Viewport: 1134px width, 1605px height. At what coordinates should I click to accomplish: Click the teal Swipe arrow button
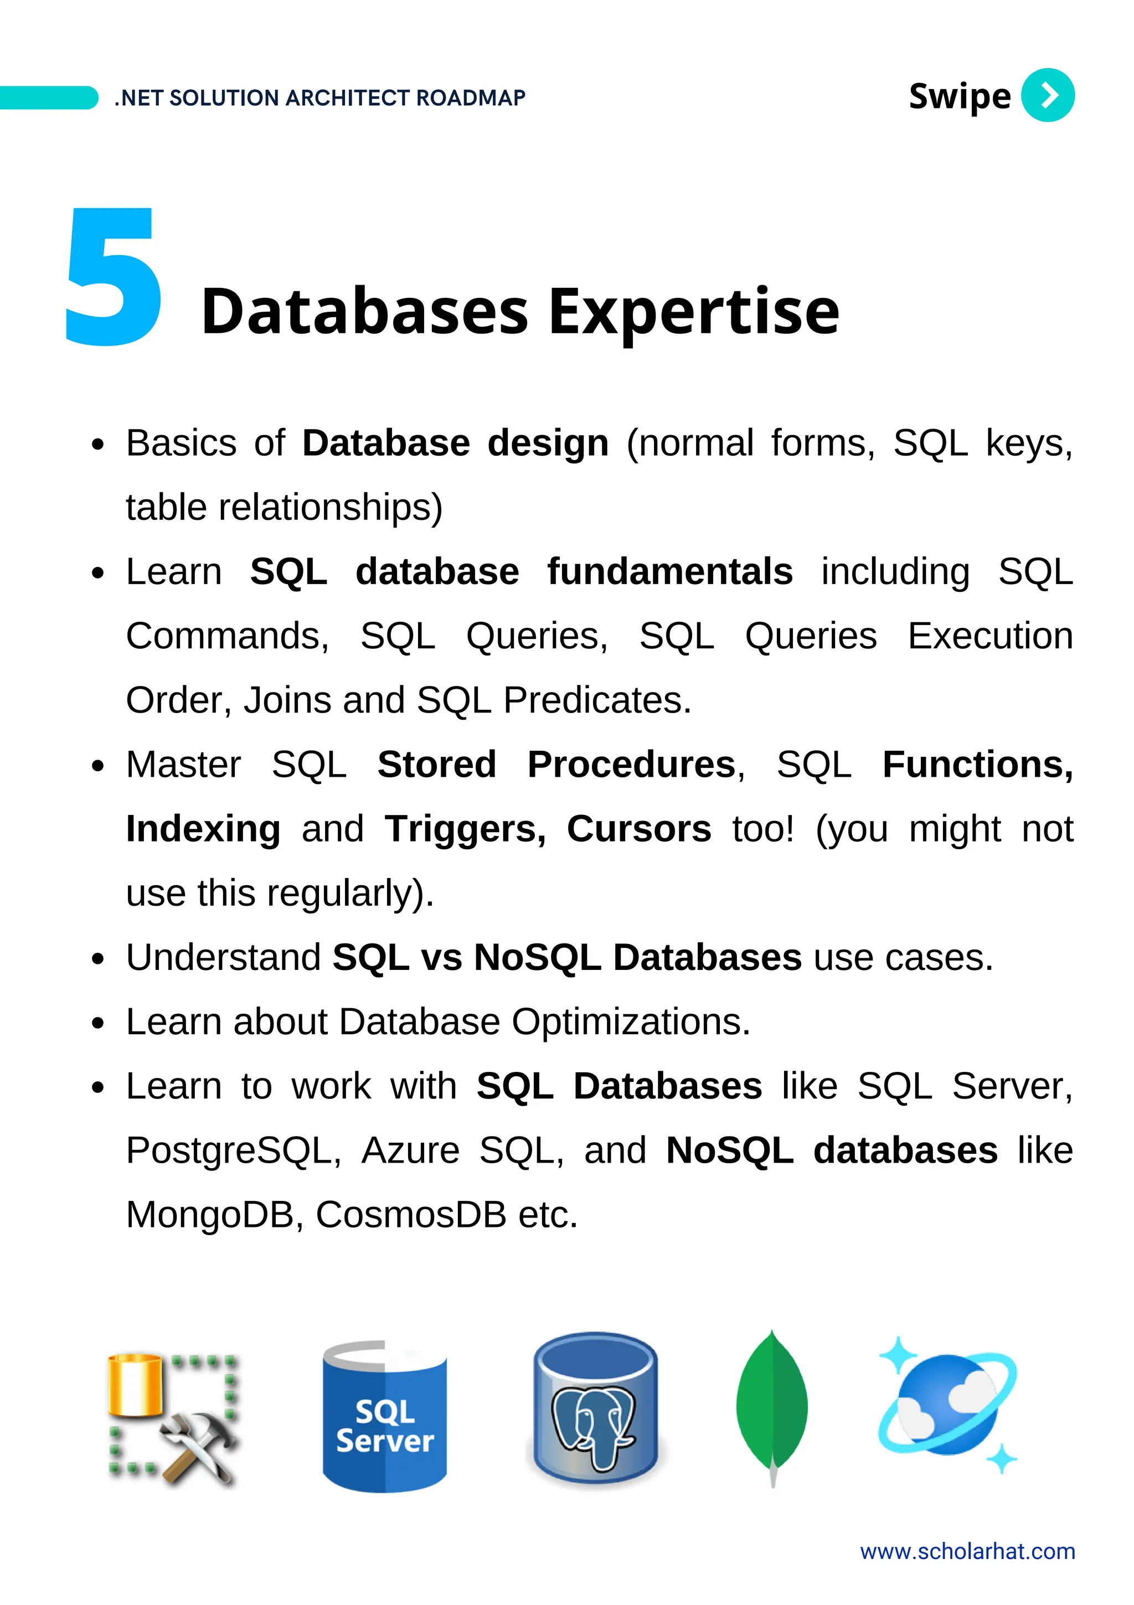[1047, 95]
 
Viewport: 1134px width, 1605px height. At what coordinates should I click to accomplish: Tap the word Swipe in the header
[958, 96]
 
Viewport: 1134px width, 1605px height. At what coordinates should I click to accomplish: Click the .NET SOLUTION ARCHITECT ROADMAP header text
[319, 98]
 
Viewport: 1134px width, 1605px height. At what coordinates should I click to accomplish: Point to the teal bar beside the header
[48, 98]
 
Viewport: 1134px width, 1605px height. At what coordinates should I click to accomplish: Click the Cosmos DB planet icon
[947, 1405]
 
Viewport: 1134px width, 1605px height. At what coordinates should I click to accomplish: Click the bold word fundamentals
[669, 572]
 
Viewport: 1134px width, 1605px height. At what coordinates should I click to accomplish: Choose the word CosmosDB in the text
[410, 1215]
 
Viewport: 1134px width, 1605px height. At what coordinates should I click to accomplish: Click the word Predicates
[596, 700]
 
